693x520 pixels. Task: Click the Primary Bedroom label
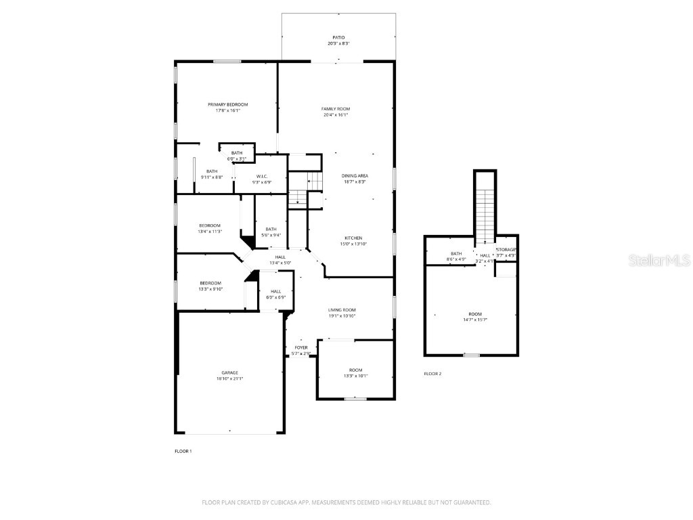coord(227,104)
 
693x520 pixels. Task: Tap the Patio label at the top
coord(338,38)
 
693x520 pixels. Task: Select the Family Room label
coord(335,109)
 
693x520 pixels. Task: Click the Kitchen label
coord(353,238)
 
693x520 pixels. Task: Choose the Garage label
coord(229,373)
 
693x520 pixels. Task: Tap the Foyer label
coord(301,348)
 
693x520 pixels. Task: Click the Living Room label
coord(342,310)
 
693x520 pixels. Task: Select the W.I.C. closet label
coord(262,177)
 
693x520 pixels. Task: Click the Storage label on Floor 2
coord(506,250)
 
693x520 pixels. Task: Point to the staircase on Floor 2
coord(485,210)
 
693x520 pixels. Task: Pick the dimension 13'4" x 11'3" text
coord(210,232)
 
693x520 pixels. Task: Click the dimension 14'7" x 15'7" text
coord(475,320)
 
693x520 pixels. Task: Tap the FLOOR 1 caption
coord(183,451)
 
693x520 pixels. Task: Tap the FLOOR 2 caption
coord(432,374)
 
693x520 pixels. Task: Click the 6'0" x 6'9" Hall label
coord(275,294)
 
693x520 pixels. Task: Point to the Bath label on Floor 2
coord(456,254)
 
